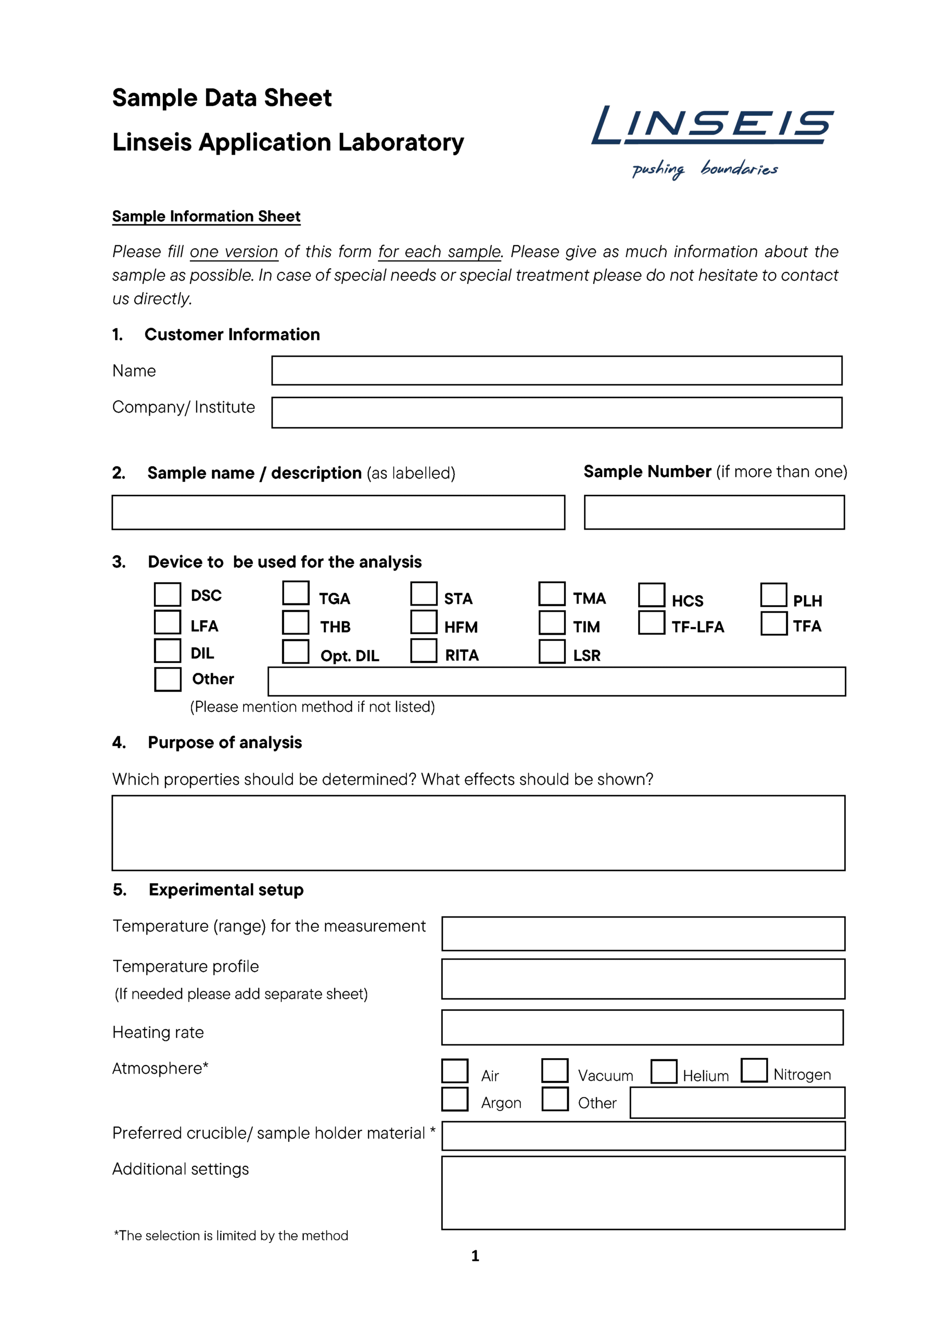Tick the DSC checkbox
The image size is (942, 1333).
click(x=167, y=595)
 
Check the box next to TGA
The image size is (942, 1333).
click(x=296, y=594)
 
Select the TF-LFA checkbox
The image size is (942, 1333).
click(x=651, y=622)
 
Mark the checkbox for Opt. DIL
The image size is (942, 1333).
click(x=296, y=651)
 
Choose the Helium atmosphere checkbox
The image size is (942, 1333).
click(x=664, y=1072)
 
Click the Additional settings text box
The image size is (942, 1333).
click(x=643, y=1192)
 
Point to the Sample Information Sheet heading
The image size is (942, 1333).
click(x=206, y=217)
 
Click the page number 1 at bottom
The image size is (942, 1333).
click(x=475, y=1256)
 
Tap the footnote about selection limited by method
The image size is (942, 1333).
click(x=231, y=1236)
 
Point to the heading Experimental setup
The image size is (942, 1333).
click(x=226, y=889)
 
